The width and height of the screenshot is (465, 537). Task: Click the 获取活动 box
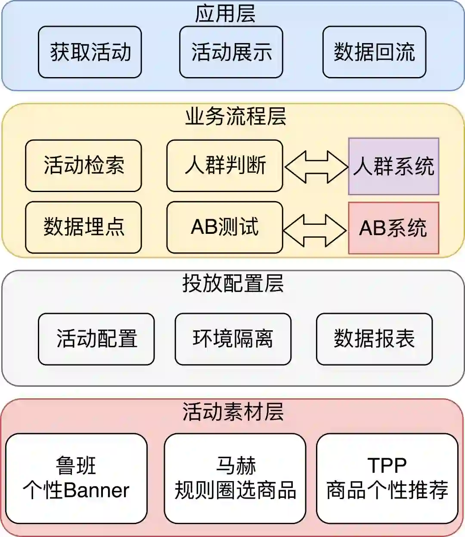pos(90,52)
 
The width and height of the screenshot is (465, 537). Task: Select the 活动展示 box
pos(231,52)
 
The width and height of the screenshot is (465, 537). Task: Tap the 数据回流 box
pos(374,52)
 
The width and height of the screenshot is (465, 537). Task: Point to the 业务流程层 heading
pos(236,116)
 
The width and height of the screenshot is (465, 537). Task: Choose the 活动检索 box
pos(84,166)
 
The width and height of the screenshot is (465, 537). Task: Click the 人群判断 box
pos(225,166)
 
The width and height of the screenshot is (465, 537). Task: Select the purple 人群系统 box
pos(394,166)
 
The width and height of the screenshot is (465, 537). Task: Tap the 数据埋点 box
pos(84,227)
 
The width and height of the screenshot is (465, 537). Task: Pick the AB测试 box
pos(225,227)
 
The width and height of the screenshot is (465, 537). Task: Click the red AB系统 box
pos(394,228)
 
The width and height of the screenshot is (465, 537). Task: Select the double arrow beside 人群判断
pos(316,166)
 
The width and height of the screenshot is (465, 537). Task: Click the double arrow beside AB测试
pos(315,230)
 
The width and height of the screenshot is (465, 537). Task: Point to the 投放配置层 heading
pos(233,283)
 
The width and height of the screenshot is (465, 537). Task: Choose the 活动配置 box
pos(96,339)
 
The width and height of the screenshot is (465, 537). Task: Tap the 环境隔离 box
pos(233,339)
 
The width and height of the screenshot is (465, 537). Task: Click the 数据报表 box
pos(374,339)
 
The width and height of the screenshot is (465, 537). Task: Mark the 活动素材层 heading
pos(233,412)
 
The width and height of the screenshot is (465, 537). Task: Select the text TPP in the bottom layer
pos(387,466)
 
